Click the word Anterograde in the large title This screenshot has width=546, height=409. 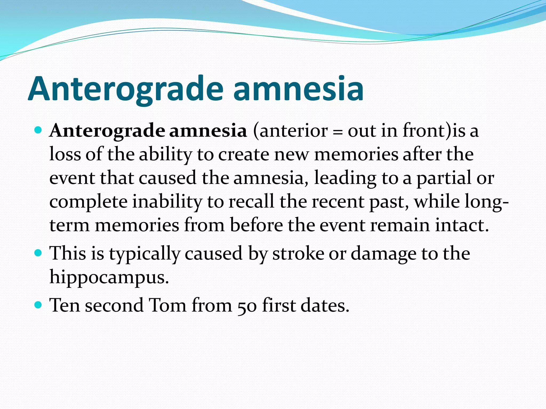pyautogui.click(x=125, y=89)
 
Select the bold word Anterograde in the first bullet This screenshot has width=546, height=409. pyautogui.click(x=107, y=131)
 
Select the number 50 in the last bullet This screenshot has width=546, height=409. pyautogui.click(x=247, y=305)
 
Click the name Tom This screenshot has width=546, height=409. pyautogui.click(x=167, y=305)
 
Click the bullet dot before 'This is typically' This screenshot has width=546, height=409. pyautogui.click(x=38, y=252)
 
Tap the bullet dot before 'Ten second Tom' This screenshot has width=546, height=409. pyautogui.click(x=38, y=304)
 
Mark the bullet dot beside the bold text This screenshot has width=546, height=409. pyautogui.click(x=38, y=130)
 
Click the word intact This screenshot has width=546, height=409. pyautogui.click(x=462, y=225)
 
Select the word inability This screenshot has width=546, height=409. pyautogui.click(x=167, y=202)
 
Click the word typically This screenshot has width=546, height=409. pyautogui.click(x=144, y=254)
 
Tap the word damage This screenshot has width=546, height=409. pyautogui.click(x=383, y=254)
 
